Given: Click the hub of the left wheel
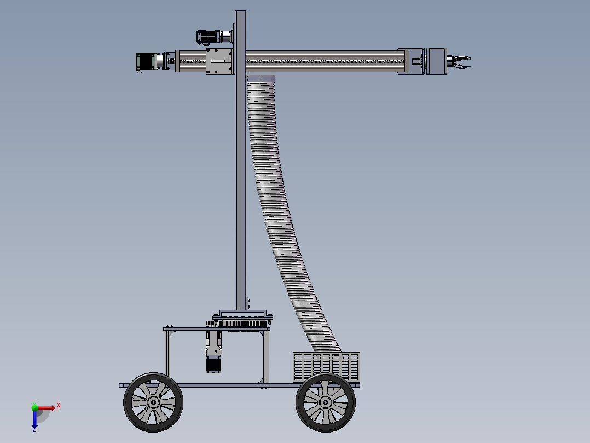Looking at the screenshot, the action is (x=153, y=402).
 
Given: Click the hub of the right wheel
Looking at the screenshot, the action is (x=326, y=402).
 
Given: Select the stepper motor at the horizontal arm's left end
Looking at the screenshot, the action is (x=146, y=61).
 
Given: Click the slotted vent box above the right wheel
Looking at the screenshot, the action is (x=326, y=367).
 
